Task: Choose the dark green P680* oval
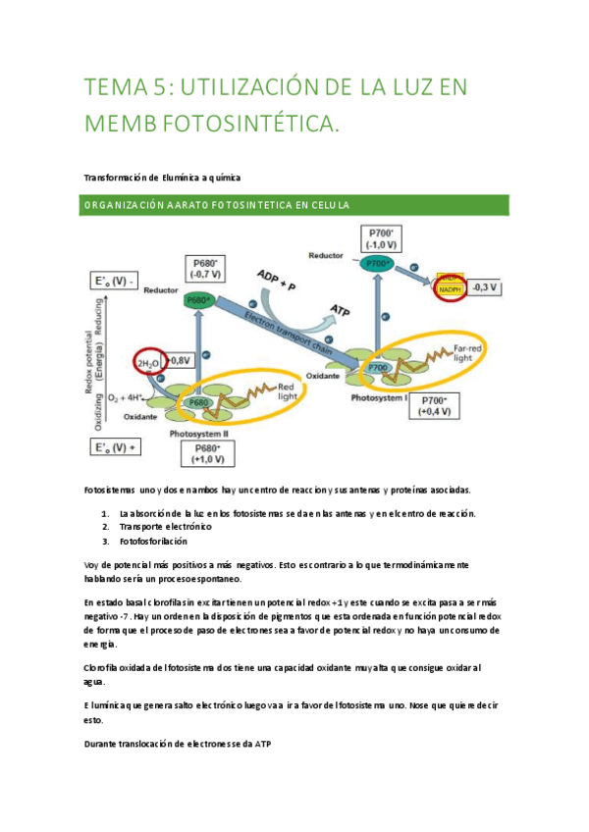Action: pyautogui.click(x=199, y=298)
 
